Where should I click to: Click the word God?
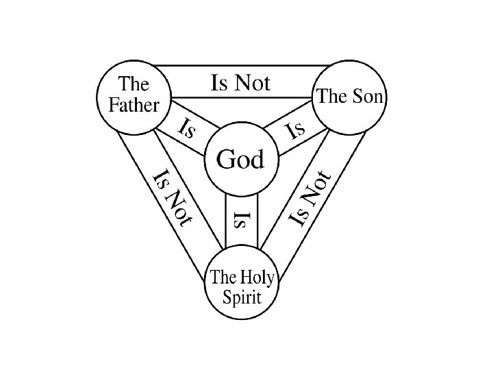pyautogui.click(x=240, y=160)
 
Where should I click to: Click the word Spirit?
pyautogui.click(x=242, y=298)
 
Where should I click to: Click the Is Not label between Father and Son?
pyautogui.click(x=240, y=84)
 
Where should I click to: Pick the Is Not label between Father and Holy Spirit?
pyautogui.click(x=173, y=197)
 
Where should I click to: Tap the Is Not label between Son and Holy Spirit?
pyautogui.click(x=310, y=199)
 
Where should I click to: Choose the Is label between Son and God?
pyautogui.click(x=294, y=129)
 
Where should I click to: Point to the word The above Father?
pyautogui.click(x=134, y=85)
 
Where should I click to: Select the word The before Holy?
pyautogui.click(x=223, y=278)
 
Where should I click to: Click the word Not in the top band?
pyautogui.click(x=253, y=84)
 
